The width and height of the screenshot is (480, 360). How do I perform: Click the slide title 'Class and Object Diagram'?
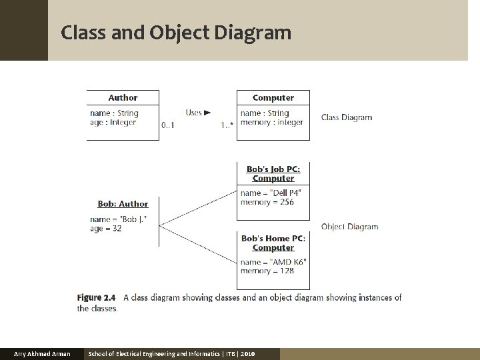coord(176,32)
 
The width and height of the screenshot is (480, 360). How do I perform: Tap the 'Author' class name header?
coord(123,97)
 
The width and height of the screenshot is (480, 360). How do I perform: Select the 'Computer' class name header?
coord(273,97)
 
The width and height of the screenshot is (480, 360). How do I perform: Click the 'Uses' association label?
coord(197,113)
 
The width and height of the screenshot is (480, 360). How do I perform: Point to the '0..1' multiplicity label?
coord(168,125)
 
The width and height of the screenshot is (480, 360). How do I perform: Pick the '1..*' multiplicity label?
coord(227,125)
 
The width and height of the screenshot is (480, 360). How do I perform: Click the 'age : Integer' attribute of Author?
coord(113,123)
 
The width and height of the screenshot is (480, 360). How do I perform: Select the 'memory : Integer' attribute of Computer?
coord(272,123)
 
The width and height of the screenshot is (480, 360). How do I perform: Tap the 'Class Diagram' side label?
coord(347,117)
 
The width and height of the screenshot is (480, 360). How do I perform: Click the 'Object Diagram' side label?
coord(349,227)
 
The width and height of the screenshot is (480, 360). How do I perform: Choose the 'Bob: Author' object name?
coord(123,204)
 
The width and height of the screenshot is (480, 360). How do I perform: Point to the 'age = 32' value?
coord(106,228)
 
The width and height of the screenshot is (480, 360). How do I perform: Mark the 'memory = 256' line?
coord(267,202)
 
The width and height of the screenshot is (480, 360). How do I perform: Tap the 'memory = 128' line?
coord(267,271)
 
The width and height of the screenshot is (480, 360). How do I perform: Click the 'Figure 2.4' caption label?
coord(96,297)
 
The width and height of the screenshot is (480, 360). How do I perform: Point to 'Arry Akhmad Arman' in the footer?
coord(42,353)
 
